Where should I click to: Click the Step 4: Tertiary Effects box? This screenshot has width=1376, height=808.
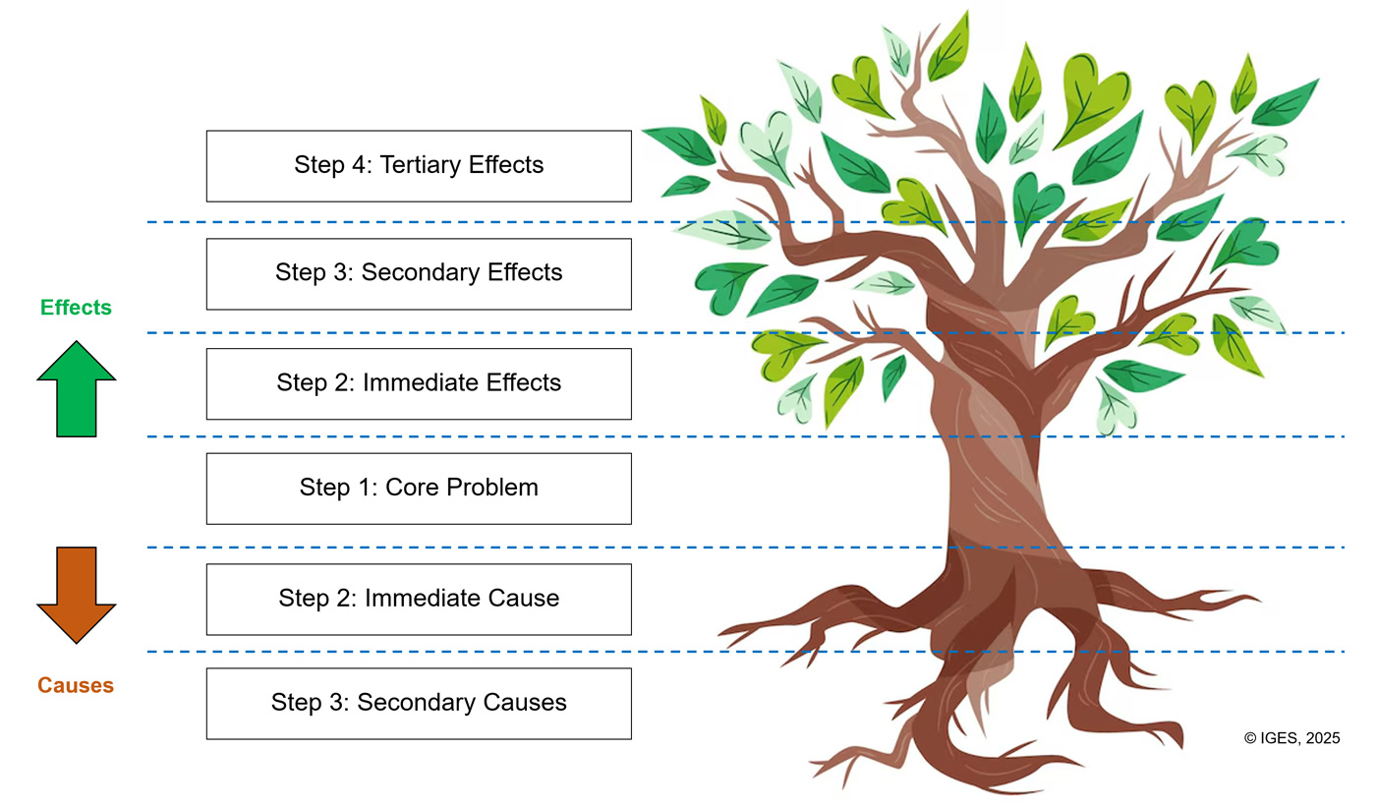pos(419,166)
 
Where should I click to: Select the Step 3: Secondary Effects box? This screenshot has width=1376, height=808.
pos(419,273)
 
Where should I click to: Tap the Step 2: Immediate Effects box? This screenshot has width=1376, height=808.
pos(419,383)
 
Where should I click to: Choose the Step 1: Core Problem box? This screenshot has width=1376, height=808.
pos(419,489)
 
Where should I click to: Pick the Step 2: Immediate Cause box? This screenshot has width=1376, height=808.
pos(419,599)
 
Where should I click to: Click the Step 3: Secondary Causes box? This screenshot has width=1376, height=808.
pos(419,704)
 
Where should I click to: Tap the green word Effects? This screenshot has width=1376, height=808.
pos(76,308)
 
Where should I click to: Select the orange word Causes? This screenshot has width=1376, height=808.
pos(76,686)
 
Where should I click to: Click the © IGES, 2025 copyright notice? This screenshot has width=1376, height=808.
pos(1291,738)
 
